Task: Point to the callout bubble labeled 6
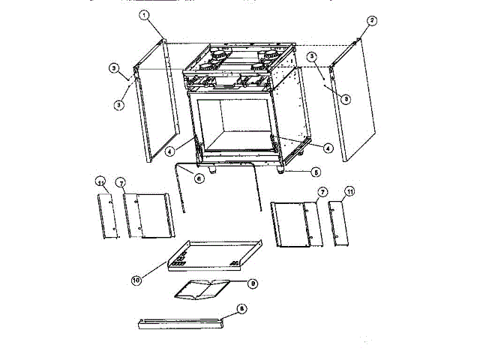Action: point(199,178)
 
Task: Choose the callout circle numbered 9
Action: point(253,283)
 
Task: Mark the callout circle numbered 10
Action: point(136,280)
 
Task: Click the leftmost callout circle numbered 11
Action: point(100,182)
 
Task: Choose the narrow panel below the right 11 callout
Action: point(338,224)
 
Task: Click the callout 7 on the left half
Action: point(121,182)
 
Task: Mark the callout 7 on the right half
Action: point(321,192)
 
